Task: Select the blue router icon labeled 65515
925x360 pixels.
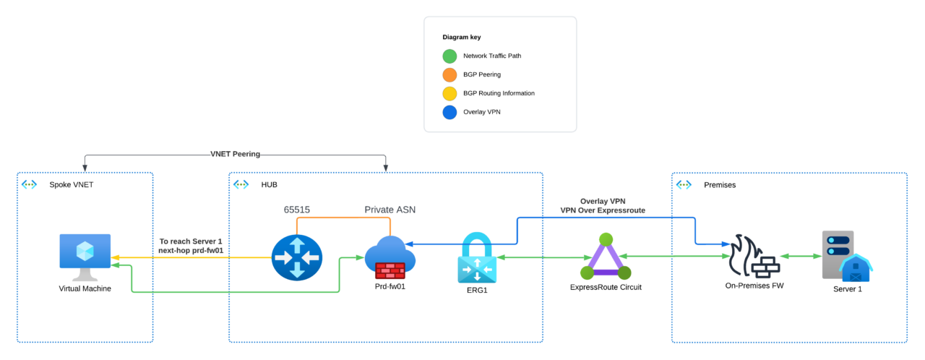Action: coord(297,257)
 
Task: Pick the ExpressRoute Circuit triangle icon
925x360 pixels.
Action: coord(606,257)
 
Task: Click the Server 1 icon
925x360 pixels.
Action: coord(845,256)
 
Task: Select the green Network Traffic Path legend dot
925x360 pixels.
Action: coord(449,56)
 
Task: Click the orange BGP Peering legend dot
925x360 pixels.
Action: coord(449,74)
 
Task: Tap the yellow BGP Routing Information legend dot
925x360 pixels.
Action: coord(449,93)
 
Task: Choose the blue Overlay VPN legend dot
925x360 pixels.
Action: coord(449,112)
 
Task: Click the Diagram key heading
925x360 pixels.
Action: coord(462,37)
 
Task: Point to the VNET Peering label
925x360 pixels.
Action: coord(236,154)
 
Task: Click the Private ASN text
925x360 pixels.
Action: coord(390,210)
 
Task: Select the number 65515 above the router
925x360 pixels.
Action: coord(296,210)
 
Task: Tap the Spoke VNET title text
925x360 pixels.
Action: coord(72,185)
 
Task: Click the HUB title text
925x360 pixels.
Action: coord(270,185)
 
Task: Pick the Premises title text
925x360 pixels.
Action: coord(720,185)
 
